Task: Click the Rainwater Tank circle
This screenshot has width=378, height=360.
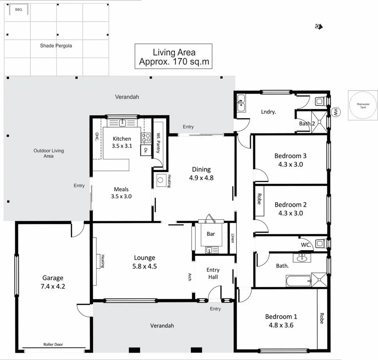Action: click(x=363, y=105)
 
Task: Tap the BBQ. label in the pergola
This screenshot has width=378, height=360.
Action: click(x=18, y=10)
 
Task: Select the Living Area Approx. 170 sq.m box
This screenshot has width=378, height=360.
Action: click(x=173, y=57)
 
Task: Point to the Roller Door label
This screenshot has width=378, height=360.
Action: click(x=53, y=344)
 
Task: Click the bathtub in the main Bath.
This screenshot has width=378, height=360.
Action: click(x=299, y=281)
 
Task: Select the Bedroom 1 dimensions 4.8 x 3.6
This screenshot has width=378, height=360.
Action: click(x=281, y=325)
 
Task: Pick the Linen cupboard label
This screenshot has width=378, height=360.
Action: click(x=232, y=238)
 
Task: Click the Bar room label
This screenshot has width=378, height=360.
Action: click(x=211, y=234)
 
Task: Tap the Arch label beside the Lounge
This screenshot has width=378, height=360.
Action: click(x=189, y=276)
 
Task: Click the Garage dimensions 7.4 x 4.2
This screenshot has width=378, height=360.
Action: click(x=53, y=286)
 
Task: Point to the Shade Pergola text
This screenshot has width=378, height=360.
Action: click(x=56, y=46)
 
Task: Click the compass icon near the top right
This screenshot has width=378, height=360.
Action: click(x=319, y=26)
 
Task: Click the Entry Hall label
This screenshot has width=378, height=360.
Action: click(x=213, y=274)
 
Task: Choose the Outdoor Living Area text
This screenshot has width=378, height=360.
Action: click(x=48, y=153)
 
